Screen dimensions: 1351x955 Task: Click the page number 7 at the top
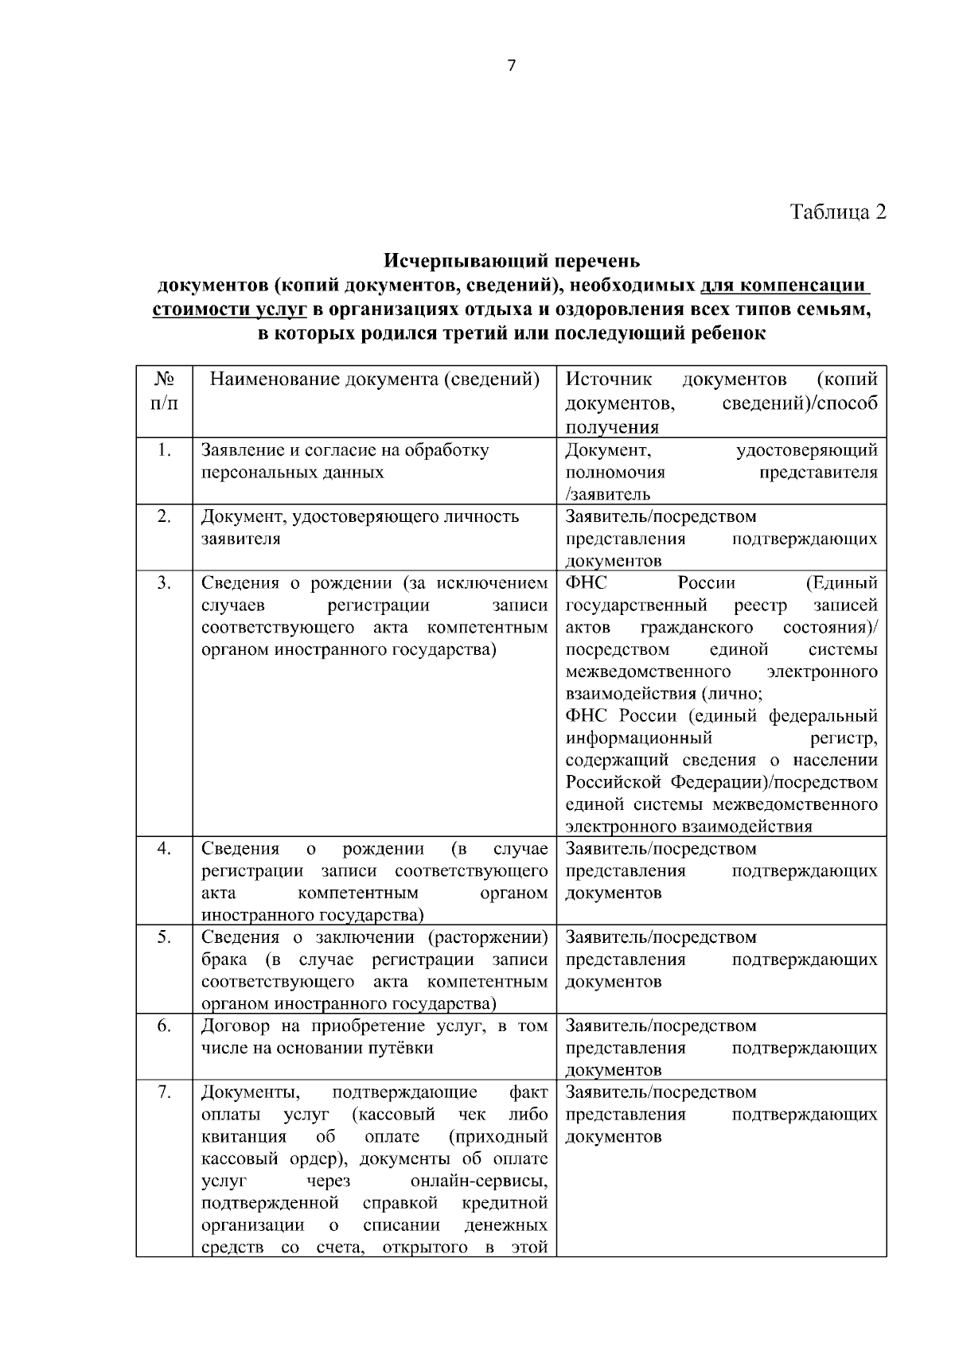coord(511,66)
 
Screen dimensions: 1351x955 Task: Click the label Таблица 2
coord(837,212)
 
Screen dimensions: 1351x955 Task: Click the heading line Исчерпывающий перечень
coord(512,260)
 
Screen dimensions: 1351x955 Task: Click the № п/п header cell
coord(164,391)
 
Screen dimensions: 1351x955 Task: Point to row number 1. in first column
coord(164,450)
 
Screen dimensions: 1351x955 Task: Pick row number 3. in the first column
coord(164,583)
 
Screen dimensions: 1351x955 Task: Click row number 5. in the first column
coord(164,937)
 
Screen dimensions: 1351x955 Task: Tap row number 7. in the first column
coord(164,1092)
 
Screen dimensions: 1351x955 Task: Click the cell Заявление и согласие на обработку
coord(345,450)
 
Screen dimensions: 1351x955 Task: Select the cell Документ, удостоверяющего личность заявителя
coord(360,527)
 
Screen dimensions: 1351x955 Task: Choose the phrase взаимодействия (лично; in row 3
coord(664,693)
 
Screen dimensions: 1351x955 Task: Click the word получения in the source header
coord(612,427)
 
